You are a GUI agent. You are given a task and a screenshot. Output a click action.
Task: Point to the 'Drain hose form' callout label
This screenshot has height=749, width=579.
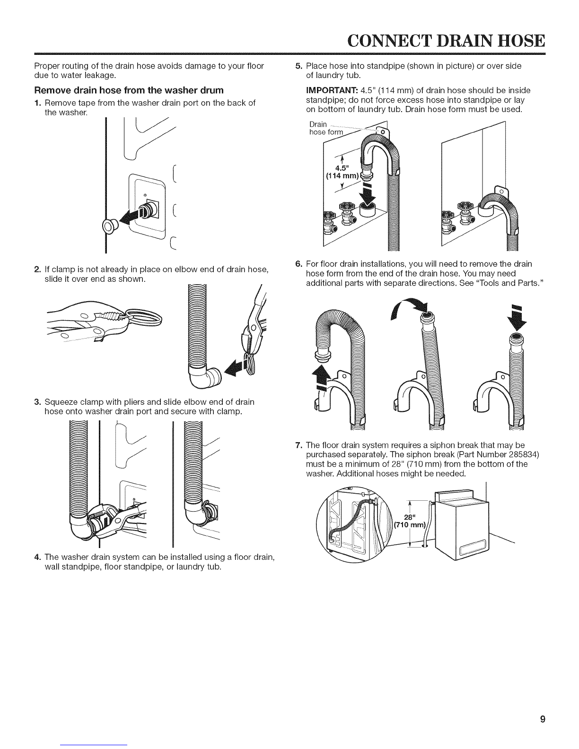coord(325,128)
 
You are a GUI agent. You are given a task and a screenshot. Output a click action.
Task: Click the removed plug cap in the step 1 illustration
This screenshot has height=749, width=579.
coord(109,227)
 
